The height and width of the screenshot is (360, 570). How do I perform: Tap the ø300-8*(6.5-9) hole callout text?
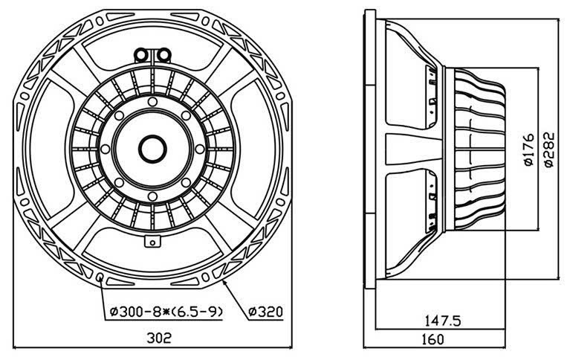click(162, 310)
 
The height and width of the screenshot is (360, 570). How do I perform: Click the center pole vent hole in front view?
click(152, 147)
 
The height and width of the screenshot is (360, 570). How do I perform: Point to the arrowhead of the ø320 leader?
click(224, 281)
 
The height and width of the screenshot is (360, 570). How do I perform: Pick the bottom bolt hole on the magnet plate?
click(152, 196)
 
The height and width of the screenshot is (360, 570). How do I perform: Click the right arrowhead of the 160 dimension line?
click(508, 347)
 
